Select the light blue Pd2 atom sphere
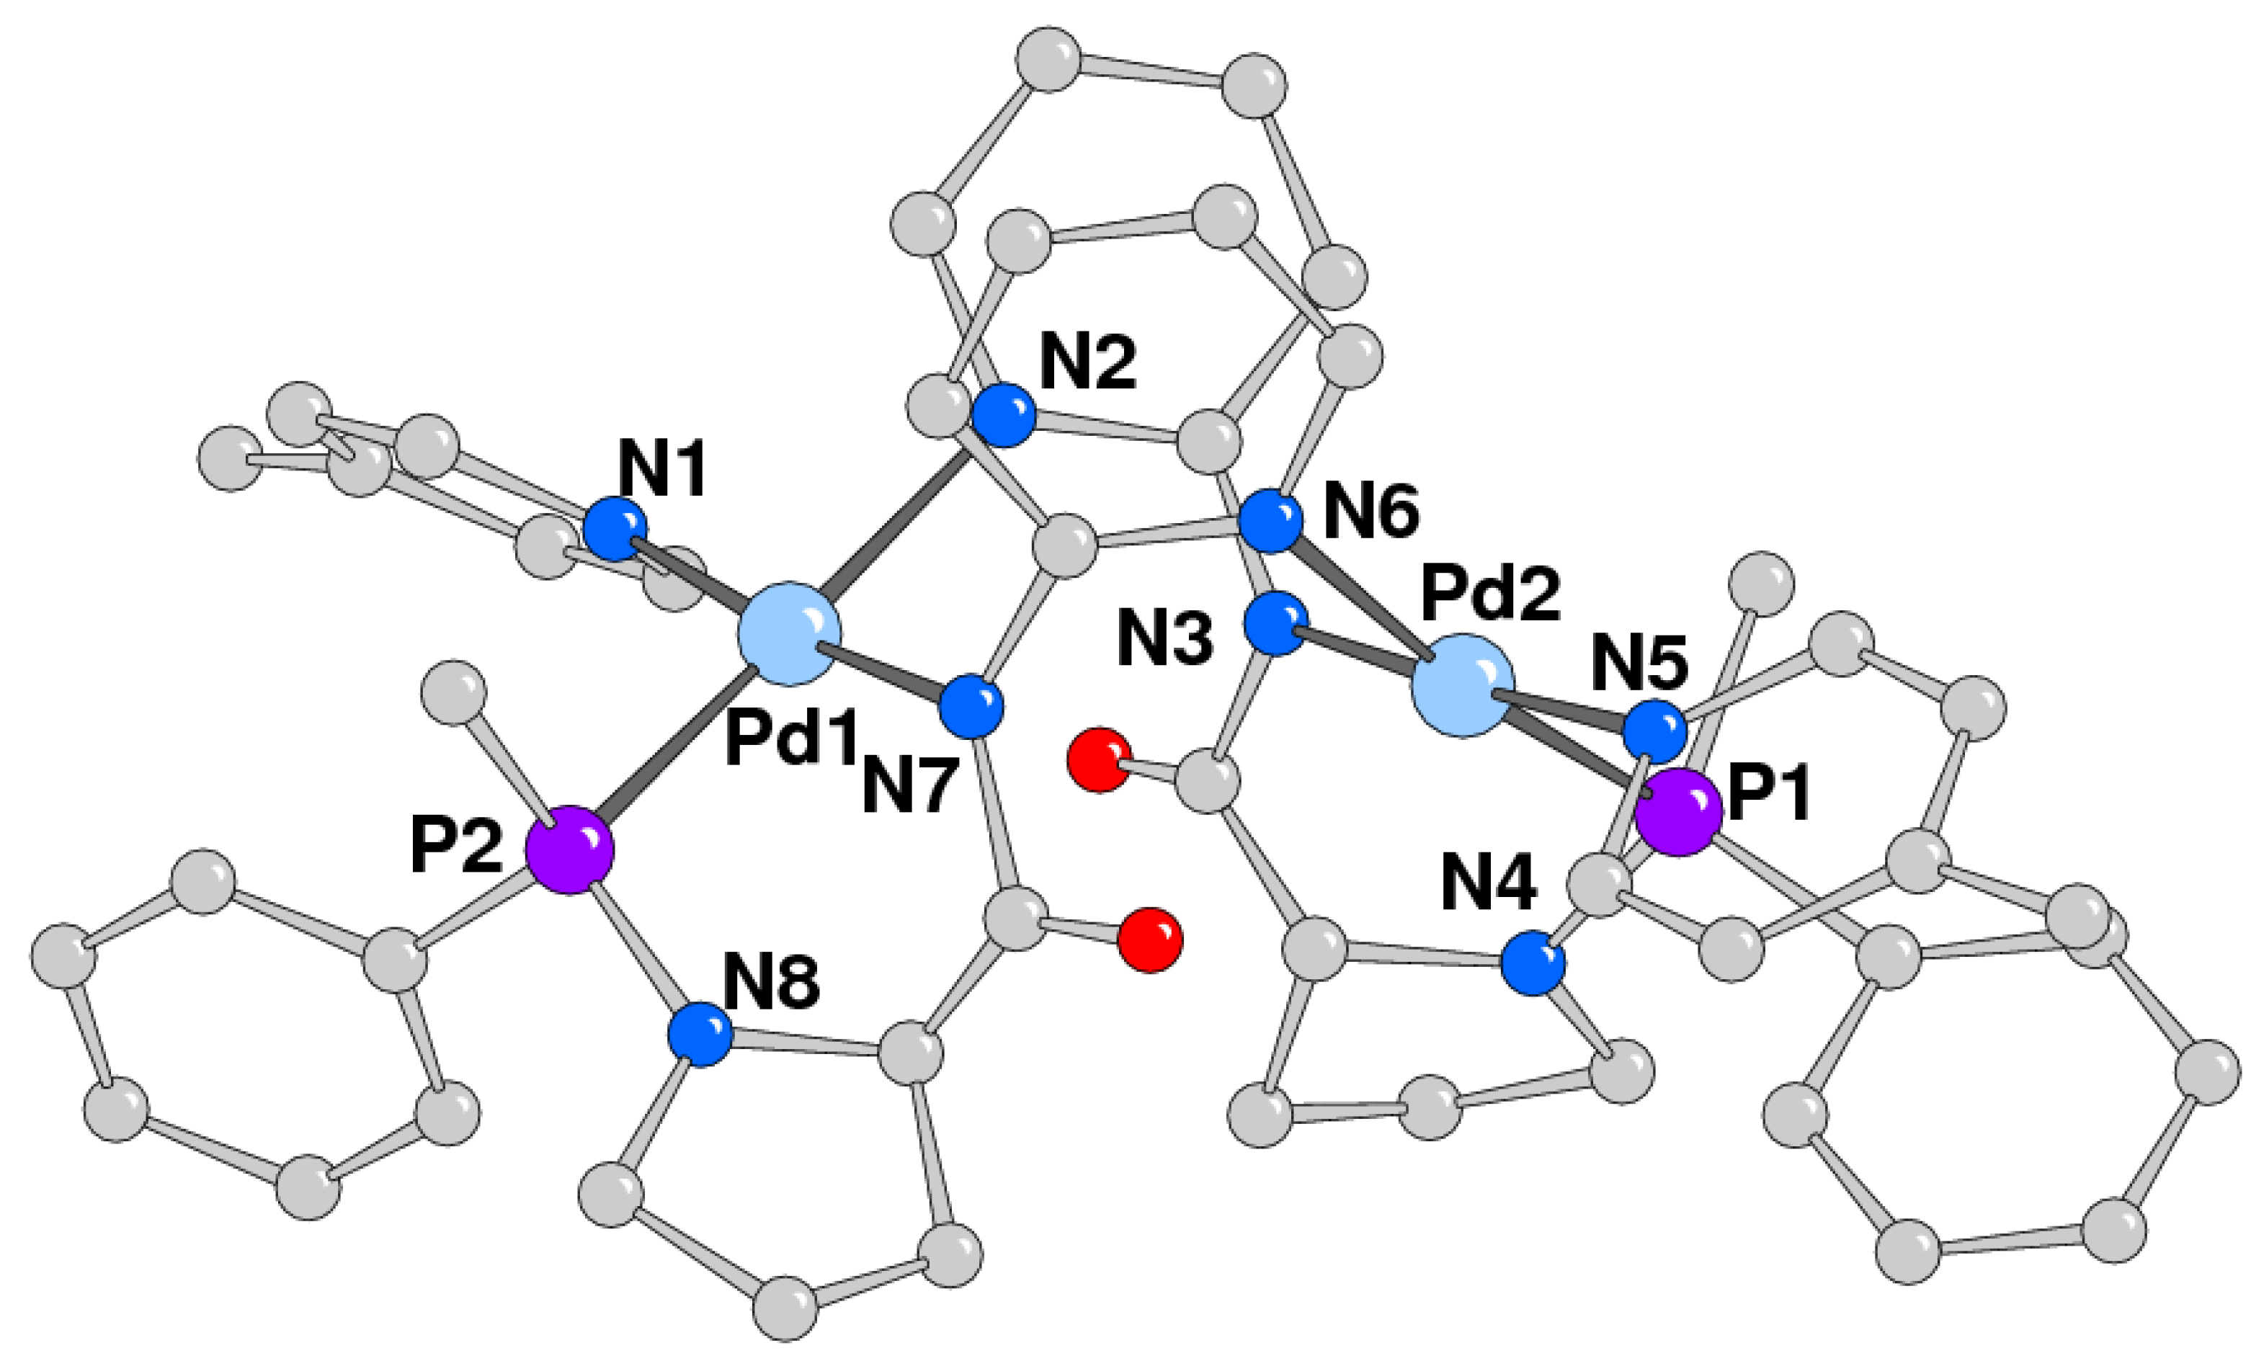point(1463,685)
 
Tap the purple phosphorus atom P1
point(1677,811)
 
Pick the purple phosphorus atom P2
point(570,849)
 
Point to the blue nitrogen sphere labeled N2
point(1003,416)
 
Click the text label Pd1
point(790,739)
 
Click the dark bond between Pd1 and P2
point(676,744)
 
